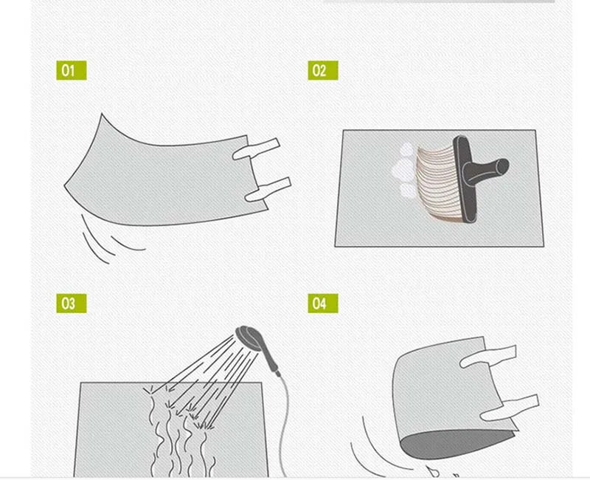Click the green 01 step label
coord(71,70)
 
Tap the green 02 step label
coord(323,70)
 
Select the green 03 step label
coord(71,304)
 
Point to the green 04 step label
coord(323,304)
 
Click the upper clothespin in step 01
coord(256,149)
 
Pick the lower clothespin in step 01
coord(268,190)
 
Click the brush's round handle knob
coord(501,166)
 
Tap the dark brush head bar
coord(465,179)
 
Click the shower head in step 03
coord(249,336)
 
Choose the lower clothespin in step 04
coord(510,408)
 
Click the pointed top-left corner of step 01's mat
coord(102,114)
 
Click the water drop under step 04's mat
coord(432,471)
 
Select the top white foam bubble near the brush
coord(407,150)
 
